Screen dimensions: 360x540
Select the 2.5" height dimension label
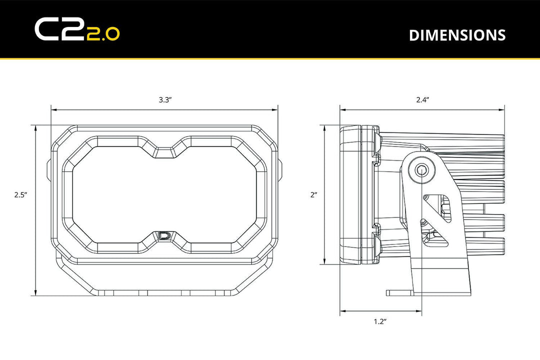(20, 195)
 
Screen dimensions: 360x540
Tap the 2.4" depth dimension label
(422, 99)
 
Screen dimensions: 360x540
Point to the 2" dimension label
(313, 195)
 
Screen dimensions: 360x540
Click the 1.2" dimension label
(380, 321)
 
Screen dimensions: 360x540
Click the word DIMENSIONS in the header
(457, 35)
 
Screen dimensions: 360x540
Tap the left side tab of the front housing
(49, 170)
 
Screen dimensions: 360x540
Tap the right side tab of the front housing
(279, 170)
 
